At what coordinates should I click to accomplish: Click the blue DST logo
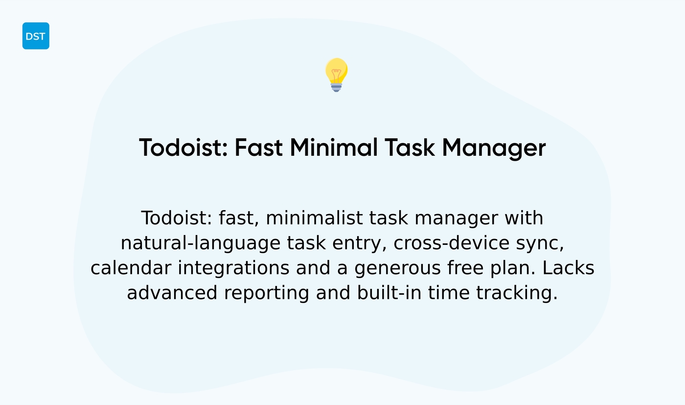[36, 36]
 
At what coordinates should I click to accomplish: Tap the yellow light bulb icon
[336, 74]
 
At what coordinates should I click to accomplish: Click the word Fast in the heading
[258, 147]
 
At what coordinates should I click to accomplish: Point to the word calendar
[131, 268]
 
